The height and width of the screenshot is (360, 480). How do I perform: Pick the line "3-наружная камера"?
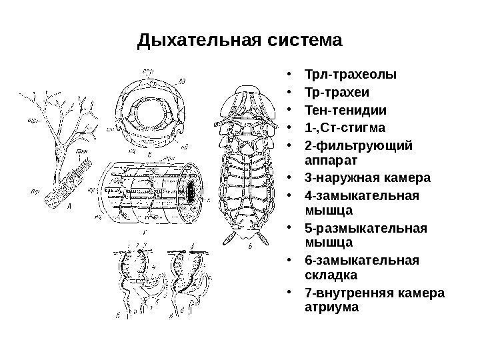367,179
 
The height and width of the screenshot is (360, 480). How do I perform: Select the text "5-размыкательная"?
365,230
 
